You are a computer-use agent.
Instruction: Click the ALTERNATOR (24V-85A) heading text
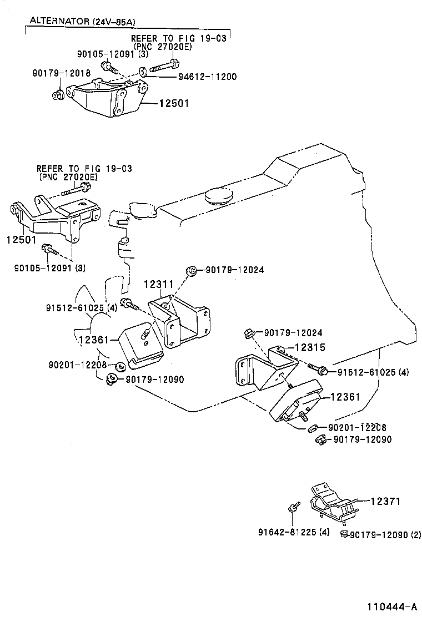click(82, 22)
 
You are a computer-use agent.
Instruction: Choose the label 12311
click(159, 284)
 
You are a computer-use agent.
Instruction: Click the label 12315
click(309, 347)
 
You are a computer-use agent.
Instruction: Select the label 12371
click(385, 501)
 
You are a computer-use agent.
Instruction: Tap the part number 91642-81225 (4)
click(294, 533)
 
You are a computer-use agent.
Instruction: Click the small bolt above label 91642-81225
click(293, 507)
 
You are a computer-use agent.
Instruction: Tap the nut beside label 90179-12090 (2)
click(344, 534)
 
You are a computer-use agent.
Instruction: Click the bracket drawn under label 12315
click(261, 372)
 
